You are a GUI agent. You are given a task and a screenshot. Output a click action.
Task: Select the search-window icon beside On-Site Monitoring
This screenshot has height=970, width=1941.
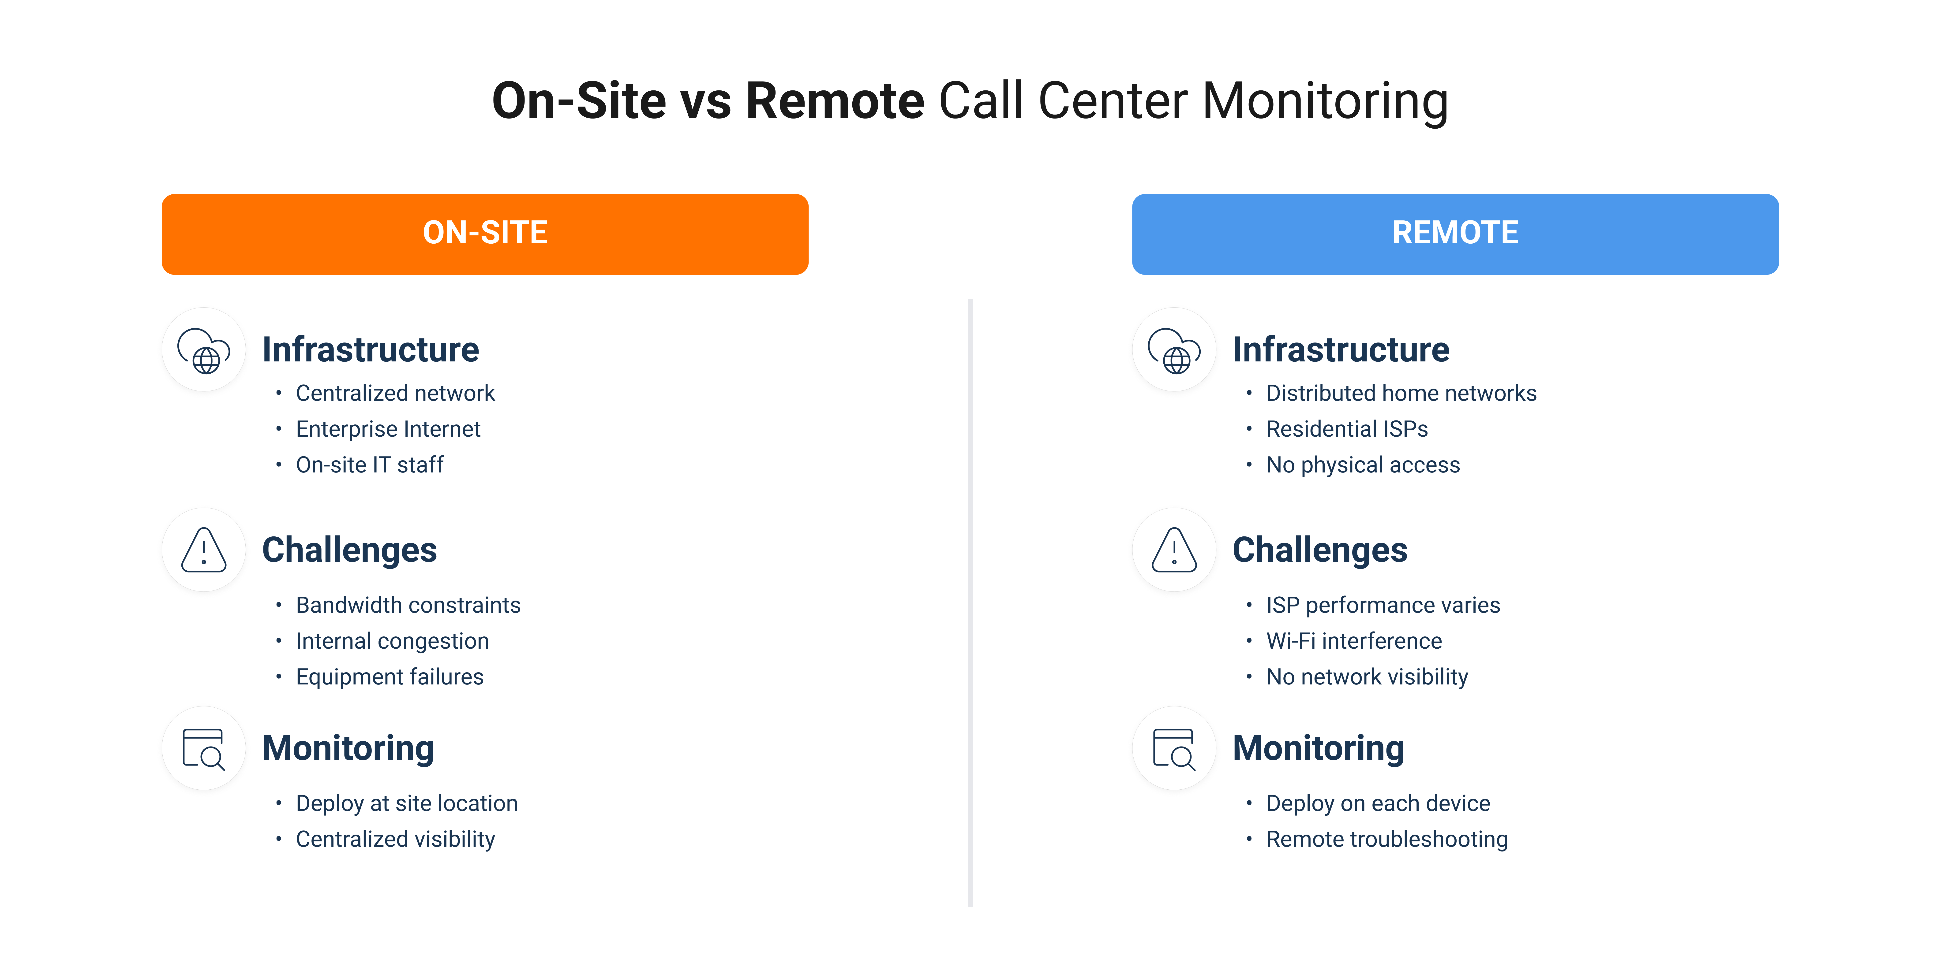click(203, 749)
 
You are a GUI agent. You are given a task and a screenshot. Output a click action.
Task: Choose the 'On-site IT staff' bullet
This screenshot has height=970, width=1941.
click(369, 465)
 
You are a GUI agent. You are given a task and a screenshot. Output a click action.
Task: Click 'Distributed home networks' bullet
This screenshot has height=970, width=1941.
click(1401, 393)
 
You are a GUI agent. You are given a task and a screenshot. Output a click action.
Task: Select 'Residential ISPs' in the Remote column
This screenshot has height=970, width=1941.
click(1346, 429)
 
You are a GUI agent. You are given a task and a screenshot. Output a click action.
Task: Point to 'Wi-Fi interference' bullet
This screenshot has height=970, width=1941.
click(1353, 641)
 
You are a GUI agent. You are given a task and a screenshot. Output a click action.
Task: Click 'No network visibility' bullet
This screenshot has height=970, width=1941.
click(1367, 677)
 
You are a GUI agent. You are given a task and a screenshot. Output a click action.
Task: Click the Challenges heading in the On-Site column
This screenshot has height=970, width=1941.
click(349, 550)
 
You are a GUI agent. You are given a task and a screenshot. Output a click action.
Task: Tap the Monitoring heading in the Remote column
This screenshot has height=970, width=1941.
click(1318, 749)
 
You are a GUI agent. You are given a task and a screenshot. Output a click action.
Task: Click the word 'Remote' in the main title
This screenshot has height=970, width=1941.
click(834, 101)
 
